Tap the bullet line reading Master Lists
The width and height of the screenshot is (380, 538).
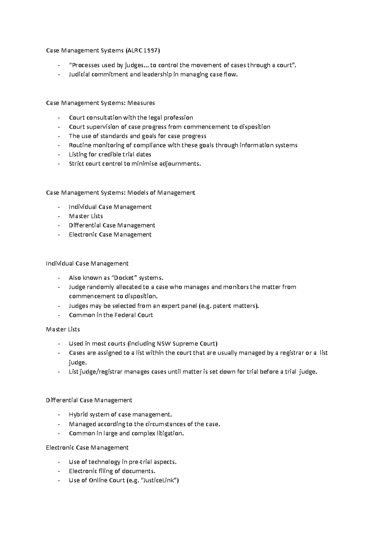tap(86, 216)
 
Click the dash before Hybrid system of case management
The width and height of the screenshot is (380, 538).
tap(59, 415)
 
